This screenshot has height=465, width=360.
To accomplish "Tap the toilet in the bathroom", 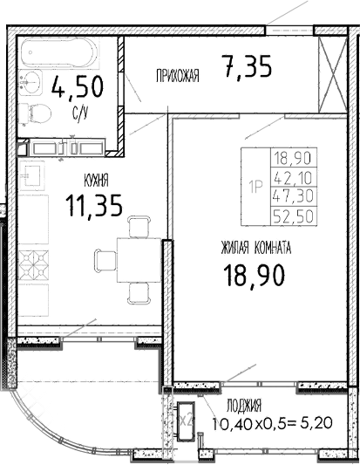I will pyautogui.click(x=36, y=113).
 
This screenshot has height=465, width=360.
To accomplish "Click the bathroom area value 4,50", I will pyautogui.click(x=78, y=87).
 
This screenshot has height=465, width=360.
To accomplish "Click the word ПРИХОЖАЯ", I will pyautogui.click(x=178, y=77).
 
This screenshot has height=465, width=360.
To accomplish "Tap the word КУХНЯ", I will pyautogui.click(x=95, y=181).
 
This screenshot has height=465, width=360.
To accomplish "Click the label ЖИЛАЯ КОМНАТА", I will pyautogui.click(x=256, y=249).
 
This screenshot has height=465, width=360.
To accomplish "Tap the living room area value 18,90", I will pyautogui.click(x=256, y=277).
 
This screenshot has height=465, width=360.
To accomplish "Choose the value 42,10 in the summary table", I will pyautogui.click(x=295, y=177).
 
